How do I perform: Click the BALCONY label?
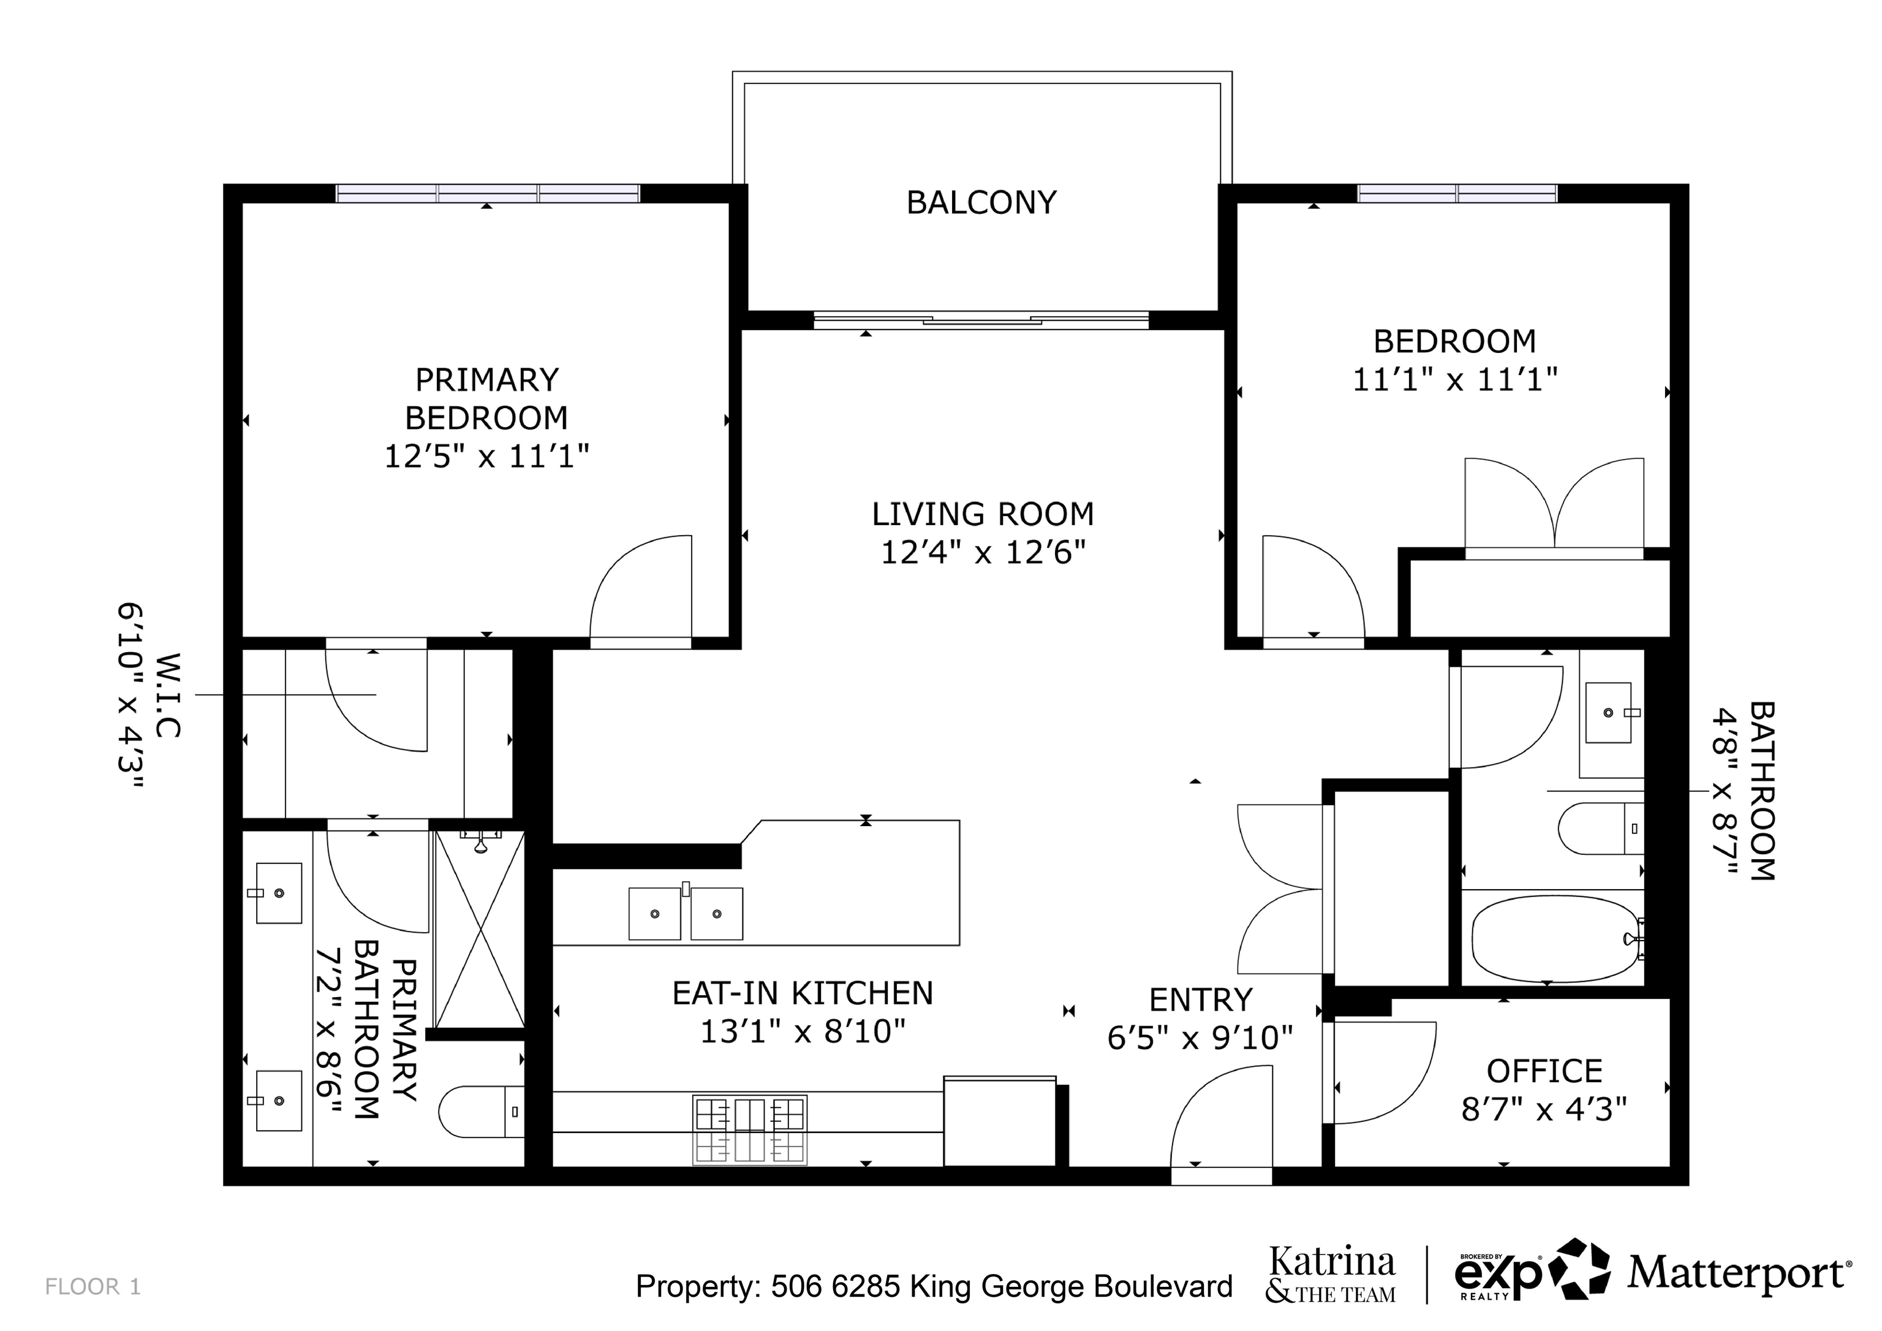(x=981, y=203)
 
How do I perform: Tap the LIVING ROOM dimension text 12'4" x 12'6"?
(x=983, y=553)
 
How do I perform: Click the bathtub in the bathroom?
(x=1555, y=938)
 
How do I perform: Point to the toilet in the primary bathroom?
(x=481, y=1112)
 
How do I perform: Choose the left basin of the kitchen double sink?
(x=654, y=914)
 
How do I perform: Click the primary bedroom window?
(x=488, y=194)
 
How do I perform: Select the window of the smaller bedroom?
(x=1457, y=194)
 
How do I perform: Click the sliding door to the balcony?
(x=981, y=320)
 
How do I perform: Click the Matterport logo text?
(x=1739, y=1273)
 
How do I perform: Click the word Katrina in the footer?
(x=1332, y=1261)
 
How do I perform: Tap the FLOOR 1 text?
(x=93, y=1287)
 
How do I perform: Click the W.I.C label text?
(x=167, y=695)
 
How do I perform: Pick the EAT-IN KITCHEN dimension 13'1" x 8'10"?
(x=803, y=1031)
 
